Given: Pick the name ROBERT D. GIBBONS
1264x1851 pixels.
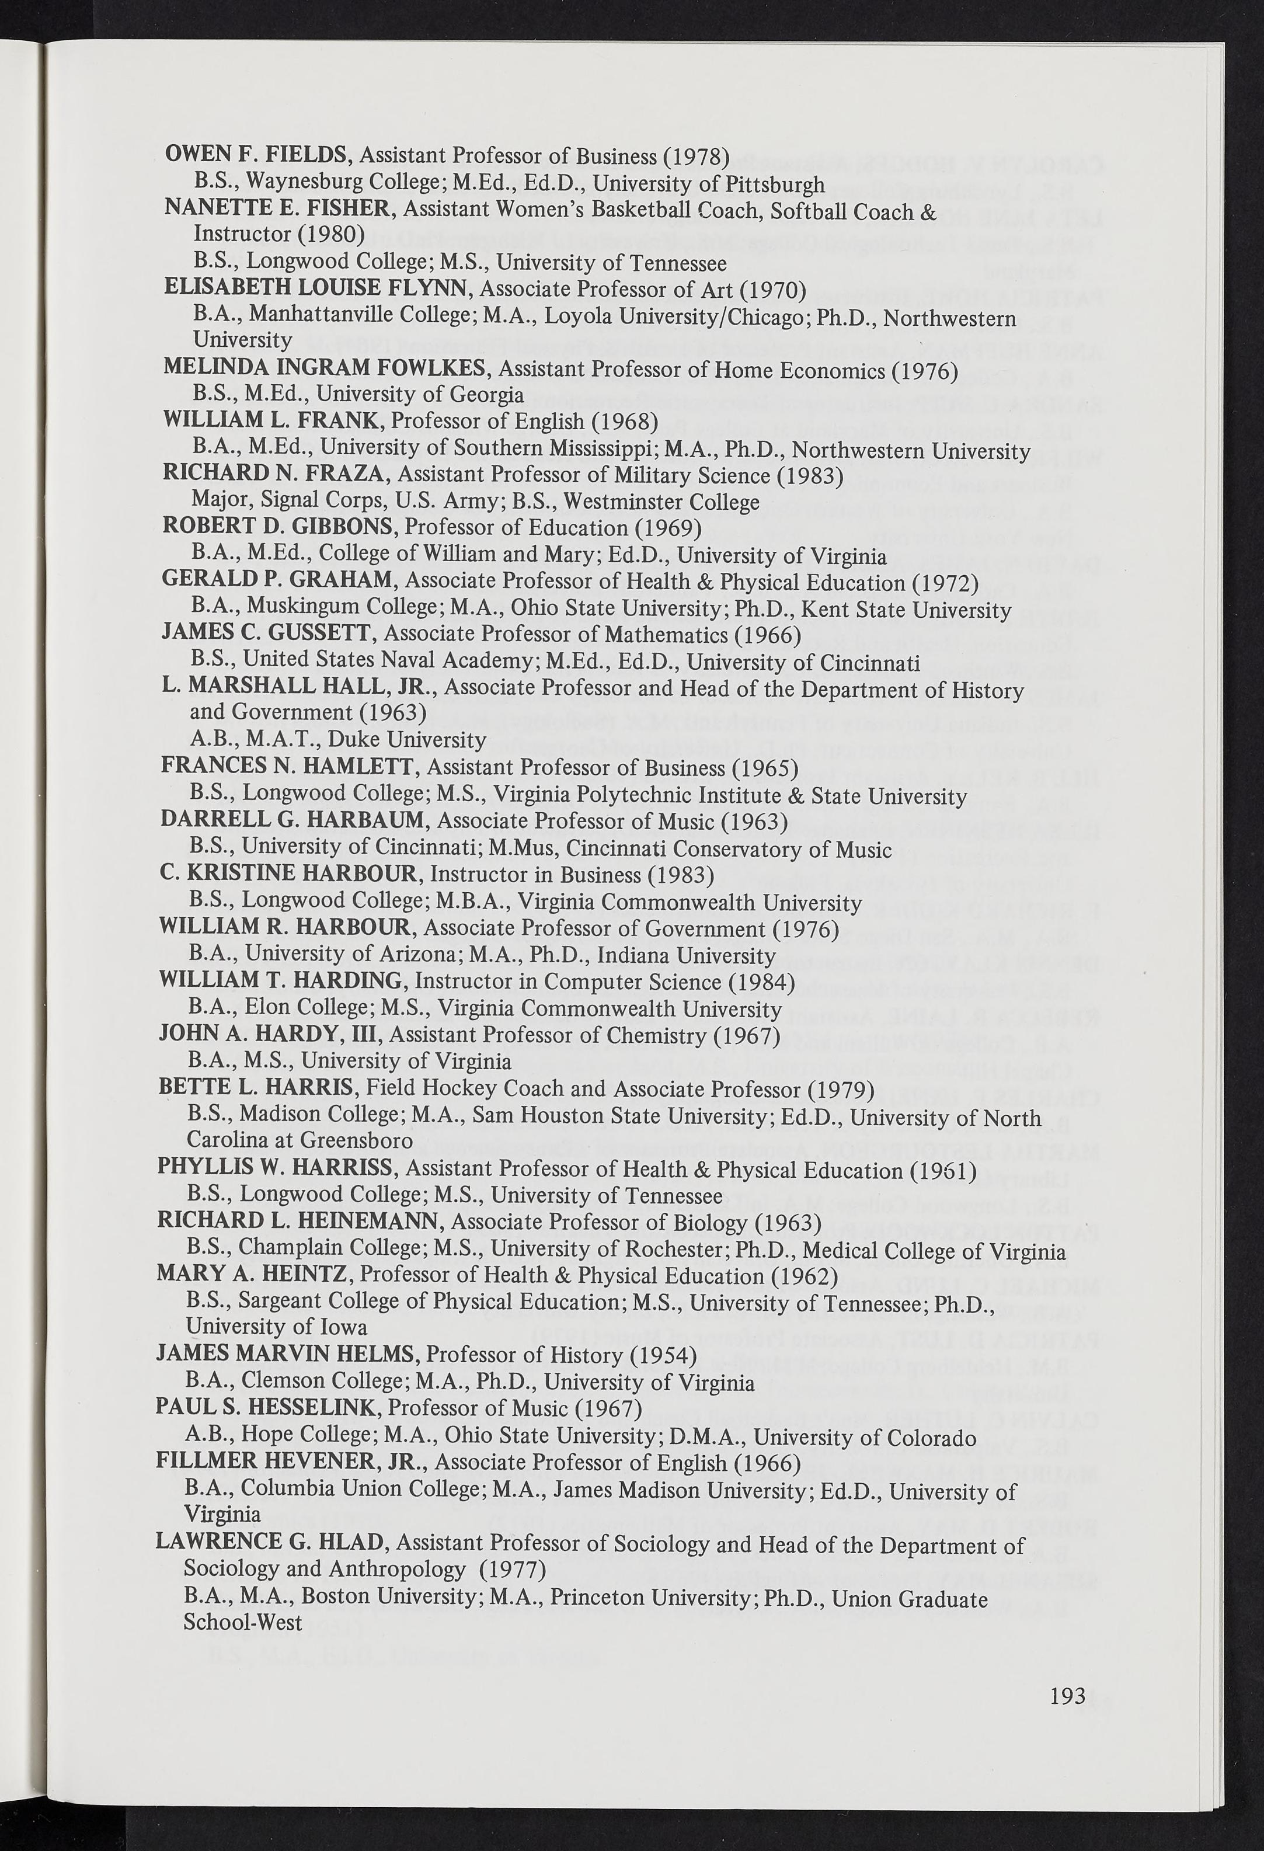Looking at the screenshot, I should [280, 527].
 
